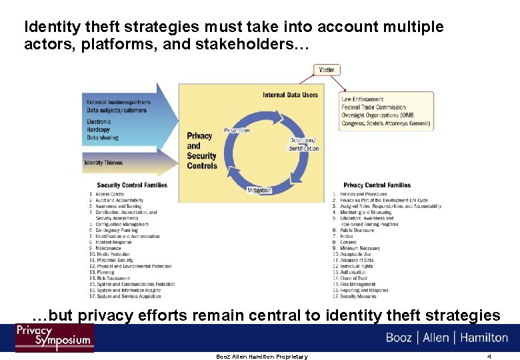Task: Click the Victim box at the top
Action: coord(327,69)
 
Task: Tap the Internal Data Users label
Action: coord(290,95)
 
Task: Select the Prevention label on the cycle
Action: coord(237,130)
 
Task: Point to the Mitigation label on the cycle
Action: coord(259,190)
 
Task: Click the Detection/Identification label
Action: coord(304,144)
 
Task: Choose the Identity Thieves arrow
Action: coord(104,163)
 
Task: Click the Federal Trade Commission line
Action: coord(373,107)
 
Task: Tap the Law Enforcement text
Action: coord(363,99)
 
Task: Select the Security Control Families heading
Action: coord(132,185)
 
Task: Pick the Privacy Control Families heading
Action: coord(377,185)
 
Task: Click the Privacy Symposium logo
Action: coord(54,337)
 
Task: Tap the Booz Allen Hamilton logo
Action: coord(447,337)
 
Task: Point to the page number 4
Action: coord(489,357)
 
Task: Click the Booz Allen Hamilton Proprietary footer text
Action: coord(262,357)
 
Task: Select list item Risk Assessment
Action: coord(113,278)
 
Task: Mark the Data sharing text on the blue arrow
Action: coord(103,138)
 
